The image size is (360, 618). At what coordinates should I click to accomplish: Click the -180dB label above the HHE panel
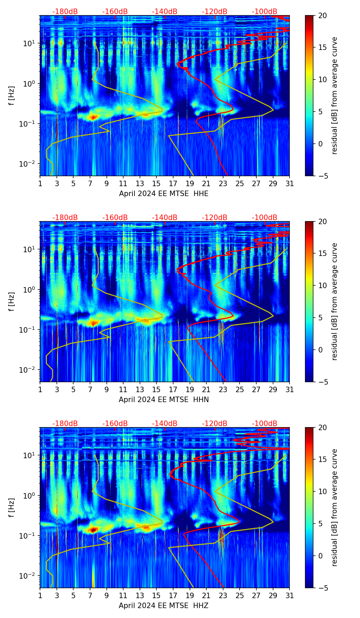click(x=65, y=12)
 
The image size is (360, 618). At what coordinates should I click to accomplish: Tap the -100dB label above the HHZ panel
click(x=265, y=424)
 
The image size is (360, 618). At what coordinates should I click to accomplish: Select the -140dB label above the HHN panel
click(x=165, y=218)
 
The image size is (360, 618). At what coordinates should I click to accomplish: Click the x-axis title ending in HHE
click(x=164, y=194)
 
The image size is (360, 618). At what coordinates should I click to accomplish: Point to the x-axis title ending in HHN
click(x=164, y=400)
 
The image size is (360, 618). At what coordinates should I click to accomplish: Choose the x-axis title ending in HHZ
click(x=164, y=606)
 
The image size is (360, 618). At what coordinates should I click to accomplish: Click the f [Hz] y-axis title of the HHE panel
click(x=12, y=96)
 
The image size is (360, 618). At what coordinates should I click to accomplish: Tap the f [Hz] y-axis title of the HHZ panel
click(x=12, y=508)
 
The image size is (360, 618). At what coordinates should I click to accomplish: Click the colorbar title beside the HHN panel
click(x=334, y=301)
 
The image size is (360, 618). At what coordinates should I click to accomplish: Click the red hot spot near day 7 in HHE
click(x=93, y=117)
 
